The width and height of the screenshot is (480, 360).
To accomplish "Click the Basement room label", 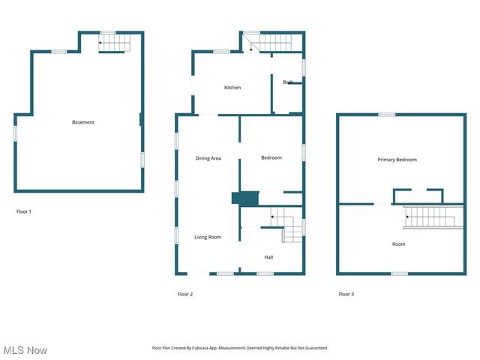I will pos(83,122).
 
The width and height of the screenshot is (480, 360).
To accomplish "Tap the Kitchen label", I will pos(232,88).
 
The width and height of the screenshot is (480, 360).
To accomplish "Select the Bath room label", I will pos(287,82).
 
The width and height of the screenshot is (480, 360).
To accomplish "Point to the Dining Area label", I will pos(208,158).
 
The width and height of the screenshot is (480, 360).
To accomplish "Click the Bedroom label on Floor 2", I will pos(271,157).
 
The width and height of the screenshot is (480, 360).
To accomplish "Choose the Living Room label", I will pos(208,237).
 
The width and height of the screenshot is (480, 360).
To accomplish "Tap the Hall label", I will pos(268,257).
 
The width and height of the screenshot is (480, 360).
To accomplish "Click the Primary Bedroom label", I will pos(397,160).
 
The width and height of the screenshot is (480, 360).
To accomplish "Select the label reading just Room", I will pos(398,244).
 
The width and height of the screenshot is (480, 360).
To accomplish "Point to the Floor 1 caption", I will pos(24,211).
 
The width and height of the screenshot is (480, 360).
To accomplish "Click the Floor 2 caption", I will pos(185,294).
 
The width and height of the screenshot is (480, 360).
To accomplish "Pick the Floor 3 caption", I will pos(346,294).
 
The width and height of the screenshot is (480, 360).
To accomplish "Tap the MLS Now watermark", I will pos(25,350).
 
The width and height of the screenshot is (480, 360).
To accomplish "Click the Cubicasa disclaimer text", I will pos(240,348).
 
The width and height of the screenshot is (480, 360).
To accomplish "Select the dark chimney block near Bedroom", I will pos(244,198).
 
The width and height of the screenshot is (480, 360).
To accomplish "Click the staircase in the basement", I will pos(116,45).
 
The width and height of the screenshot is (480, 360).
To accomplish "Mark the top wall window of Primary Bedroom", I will pos(386,115).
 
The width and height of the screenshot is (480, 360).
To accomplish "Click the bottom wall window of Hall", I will pos(265,274).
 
